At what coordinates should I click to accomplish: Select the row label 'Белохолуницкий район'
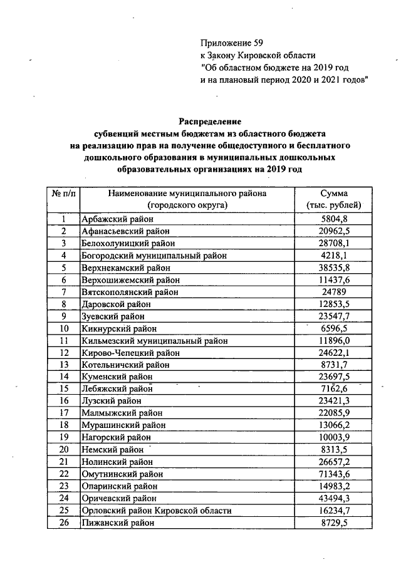(x=128, y=243)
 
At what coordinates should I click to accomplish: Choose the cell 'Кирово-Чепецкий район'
(x=130, y=353)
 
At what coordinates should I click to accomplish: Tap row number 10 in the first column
(x=63, y=328)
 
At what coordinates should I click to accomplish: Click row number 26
(x=63, y=523)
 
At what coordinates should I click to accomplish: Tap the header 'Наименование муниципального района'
(x=187, y=194)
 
